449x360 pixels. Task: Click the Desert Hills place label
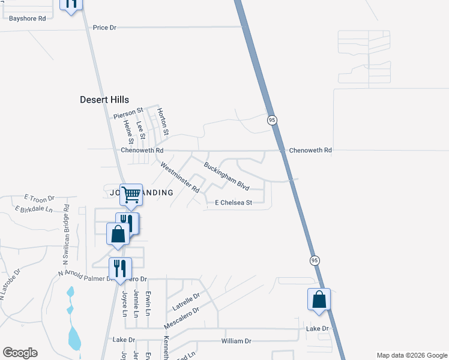coord(104,100)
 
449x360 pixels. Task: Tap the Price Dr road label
coord(104,28)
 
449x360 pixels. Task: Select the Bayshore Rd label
coord(27,19)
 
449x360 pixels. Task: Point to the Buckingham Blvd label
coord(226,176)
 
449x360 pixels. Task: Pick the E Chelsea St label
coord(234,203)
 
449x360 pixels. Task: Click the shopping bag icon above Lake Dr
coord(319,299)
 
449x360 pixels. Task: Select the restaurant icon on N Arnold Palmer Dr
coord(120,268)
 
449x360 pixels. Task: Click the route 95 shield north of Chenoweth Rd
coord(272,121)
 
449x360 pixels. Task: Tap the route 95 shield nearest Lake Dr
coord(315,260)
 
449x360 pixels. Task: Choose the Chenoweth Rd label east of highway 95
coord(310,150)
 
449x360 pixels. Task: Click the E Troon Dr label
coord(39,197)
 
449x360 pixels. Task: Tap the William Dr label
coord(236,341)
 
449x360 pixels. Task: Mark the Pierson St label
coord(128,112)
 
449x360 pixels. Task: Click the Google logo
coord(20,353)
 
